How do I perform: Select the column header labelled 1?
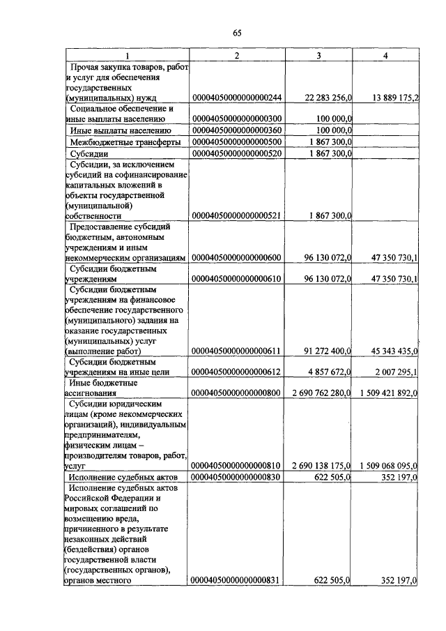click(x=127, y=55)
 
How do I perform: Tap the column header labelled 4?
click(x=385, y=55)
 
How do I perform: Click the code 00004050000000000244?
click(x=236, y=98)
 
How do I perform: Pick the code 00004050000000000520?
click(x=236, y=153)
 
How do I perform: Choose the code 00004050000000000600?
click(x=236, y=258)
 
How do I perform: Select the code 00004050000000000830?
click(x=236, y=477)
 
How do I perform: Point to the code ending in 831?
click(x=236, y=580)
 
